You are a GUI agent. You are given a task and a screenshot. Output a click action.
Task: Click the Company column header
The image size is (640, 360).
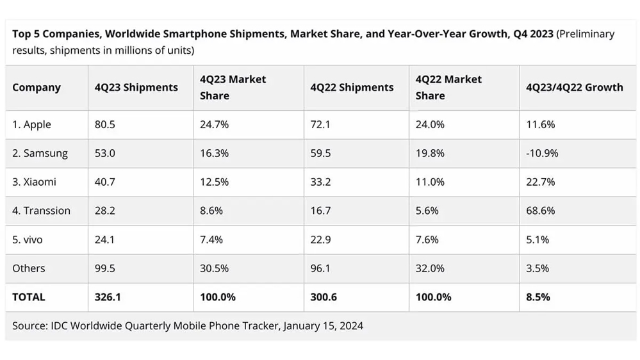coord(37,87)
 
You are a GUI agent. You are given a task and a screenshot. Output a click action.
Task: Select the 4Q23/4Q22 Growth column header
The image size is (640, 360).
coord(574,87)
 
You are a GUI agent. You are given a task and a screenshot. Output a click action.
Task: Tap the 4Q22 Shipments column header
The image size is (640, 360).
coord(352,87)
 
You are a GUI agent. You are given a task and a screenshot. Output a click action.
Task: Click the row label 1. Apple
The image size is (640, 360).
coord(31,124)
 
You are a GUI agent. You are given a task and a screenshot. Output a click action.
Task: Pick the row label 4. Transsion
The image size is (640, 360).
coord(41,211)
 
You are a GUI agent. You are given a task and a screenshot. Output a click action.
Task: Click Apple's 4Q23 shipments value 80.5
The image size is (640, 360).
coord(104,124)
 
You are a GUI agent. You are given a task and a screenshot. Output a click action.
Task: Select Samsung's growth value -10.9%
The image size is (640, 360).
coord(542,153)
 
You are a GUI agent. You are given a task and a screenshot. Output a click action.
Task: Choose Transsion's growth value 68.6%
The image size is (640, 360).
coord(541,211)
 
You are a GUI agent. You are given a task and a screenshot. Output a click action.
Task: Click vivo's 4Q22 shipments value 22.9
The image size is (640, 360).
coord(320,240)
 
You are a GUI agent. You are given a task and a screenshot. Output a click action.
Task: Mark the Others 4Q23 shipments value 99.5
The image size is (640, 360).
coord(104,268)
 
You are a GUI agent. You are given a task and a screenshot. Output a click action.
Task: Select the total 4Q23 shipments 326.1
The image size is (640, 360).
coord(107,297)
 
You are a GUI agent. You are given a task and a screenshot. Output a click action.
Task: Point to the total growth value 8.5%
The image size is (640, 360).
coord(537,297)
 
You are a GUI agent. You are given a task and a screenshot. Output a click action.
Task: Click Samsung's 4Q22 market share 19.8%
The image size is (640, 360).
coord(430,153)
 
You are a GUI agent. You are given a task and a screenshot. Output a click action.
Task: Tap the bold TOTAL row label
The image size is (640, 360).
coord(29,297)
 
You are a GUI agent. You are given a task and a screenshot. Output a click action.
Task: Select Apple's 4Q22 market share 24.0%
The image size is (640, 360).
coord(430,124)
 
